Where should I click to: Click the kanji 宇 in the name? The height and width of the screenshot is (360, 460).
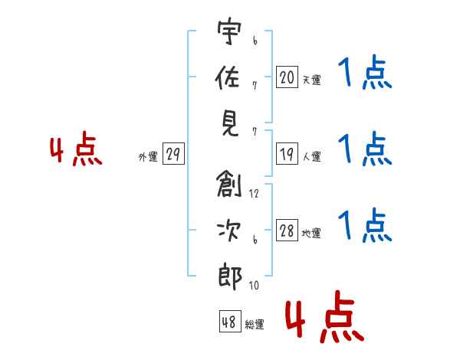coord(230,31)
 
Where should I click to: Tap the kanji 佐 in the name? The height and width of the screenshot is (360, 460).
coord(228,77)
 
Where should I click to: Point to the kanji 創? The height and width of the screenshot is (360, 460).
coord(229,184)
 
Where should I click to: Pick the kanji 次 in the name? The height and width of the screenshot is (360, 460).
coord(229,230)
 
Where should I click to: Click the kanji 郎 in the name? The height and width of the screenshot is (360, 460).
coord(230,277)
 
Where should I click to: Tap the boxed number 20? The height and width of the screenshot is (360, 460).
coord(287,77)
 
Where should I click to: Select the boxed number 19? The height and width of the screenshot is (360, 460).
coord(287,154)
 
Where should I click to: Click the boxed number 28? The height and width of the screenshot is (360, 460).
coord(287,230)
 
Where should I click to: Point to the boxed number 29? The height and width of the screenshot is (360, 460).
coord(173,154)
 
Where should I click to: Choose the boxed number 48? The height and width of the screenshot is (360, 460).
coord(230,321)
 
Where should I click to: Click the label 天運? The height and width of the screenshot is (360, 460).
coord(312,80)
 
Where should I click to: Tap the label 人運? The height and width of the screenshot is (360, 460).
coord(312,156)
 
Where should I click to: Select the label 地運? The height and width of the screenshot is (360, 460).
coord(311,233)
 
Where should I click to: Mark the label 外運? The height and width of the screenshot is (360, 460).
coord(148,156)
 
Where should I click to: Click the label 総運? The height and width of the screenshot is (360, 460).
coord(255,324)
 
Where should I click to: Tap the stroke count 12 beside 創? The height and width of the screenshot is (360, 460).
coord(254,194)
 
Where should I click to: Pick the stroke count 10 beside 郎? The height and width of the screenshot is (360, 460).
coord(254,285)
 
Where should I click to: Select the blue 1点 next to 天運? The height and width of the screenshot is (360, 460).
coord(365,72)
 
